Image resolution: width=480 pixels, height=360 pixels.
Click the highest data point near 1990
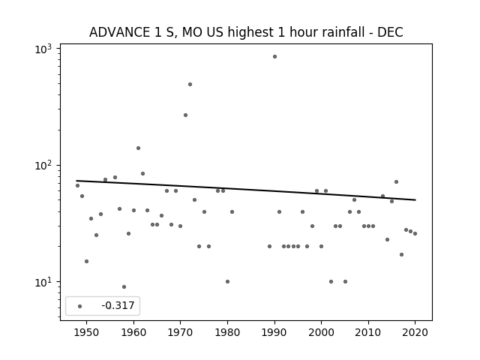pos(274,57)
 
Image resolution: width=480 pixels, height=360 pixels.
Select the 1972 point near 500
pos(190,85)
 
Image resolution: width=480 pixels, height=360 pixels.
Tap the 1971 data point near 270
pos(185,115)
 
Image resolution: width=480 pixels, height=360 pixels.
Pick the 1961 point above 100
pos(138,148)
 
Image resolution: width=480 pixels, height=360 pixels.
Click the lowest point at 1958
pos(124,286)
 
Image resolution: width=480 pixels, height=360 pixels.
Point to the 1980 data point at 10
pos(227,282)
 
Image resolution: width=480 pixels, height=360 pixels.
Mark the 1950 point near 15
pos(87,262)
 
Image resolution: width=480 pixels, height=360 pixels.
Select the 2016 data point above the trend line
pos(397,181)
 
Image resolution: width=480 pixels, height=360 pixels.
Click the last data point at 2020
pos(415,233)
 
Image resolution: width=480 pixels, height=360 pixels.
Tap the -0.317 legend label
pos(118,305)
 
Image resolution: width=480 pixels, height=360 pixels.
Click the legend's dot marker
pos(80,307)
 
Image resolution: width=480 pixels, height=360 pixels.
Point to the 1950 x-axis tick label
pos(87,332)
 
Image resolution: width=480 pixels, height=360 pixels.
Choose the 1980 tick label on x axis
pos(227,332)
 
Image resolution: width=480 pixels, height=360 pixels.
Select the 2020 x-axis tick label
pos(415,332)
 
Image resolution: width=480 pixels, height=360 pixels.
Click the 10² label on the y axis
pos(43,165)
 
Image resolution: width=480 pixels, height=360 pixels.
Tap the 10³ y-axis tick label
pos(43,49)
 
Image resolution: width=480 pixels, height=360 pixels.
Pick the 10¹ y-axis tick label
pos(43,282)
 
